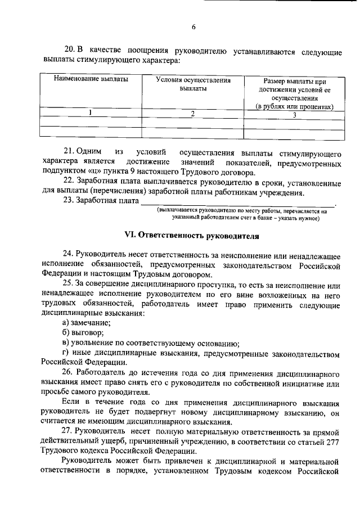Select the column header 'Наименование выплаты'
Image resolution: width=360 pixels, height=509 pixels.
(91, 79)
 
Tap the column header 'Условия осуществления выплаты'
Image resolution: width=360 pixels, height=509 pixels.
(193, 84)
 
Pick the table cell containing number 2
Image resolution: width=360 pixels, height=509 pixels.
(193, 114)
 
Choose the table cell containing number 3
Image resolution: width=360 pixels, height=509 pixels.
(294, 115)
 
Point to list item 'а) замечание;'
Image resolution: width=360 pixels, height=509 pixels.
(87, 323)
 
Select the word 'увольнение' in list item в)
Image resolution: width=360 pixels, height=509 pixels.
(93, 344)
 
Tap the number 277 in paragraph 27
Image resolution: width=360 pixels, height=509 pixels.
(332, 442)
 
